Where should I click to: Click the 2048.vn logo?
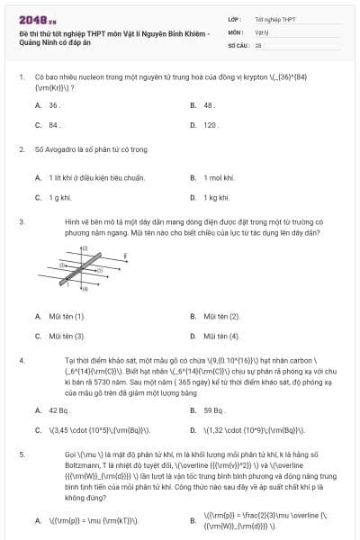click(32, 18)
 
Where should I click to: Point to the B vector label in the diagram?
click(125, 256)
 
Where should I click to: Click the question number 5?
click(21, 455)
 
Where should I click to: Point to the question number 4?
click(21, 360)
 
